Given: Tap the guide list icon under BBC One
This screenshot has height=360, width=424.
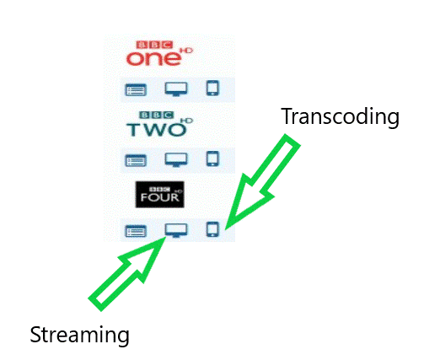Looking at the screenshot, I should [x=136, y=88].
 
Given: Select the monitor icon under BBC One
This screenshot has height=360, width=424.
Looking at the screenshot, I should [x=175, y=88].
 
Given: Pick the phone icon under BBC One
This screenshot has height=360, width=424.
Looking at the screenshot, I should [x=212, y=87].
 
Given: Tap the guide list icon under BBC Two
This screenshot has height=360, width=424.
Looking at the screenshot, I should [x=136, y=159].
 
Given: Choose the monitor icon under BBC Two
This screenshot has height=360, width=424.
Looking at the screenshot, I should [x=175, y=159].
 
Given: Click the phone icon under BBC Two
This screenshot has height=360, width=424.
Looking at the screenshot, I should [x=212, y=158].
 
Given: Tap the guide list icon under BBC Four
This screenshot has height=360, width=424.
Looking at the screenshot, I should [x=136, y=229].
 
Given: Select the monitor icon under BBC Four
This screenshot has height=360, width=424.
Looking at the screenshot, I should [x=175, y=229].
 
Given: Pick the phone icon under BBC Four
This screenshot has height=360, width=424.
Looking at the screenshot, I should [x=212, y=228].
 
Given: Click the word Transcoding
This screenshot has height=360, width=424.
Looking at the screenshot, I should [x=339, y=117].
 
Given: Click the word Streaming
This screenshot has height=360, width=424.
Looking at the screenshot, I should [x=79, y=335].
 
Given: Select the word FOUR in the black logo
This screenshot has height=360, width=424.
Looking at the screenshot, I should [x=158, y=199].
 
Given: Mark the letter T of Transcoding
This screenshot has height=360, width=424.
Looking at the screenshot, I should [x=286, y=116].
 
